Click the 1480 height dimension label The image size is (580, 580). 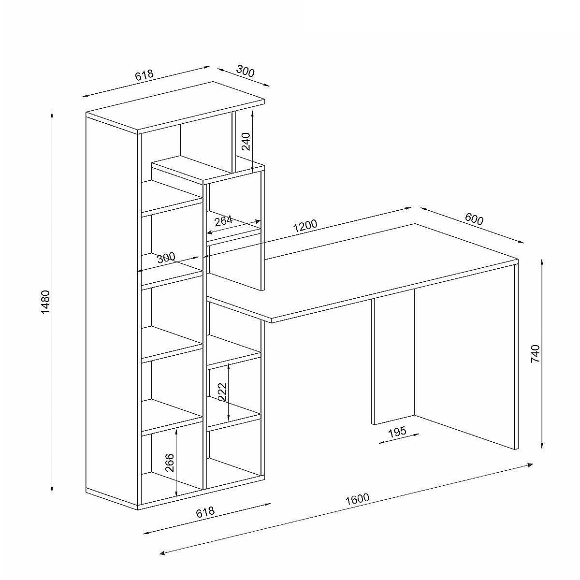point(45,302)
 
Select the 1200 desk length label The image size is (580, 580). point(305,226)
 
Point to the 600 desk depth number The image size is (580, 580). point(474,219)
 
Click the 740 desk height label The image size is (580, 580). point(536,354)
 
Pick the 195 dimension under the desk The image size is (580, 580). point(397,432)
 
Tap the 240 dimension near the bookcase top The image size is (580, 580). point(246,141)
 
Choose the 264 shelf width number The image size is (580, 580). point(224,221)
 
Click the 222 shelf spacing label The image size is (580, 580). point(222,391)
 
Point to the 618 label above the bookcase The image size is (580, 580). point(144,75)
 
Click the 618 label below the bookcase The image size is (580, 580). point(205,512)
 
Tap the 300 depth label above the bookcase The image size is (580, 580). point(246,72)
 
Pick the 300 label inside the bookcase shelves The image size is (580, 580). point(166,258)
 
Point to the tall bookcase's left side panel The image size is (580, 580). point(112,312)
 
